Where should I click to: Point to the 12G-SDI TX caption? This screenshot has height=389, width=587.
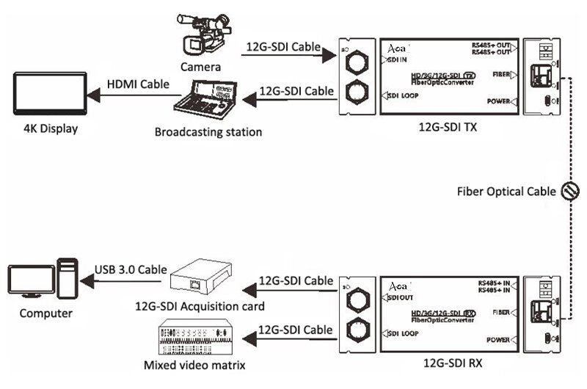(x=447, y=127)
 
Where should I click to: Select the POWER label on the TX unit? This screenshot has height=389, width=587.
(x=498, y=101)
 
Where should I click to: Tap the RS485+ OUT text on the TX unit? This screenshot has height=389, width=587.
(x=492, y=46)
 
